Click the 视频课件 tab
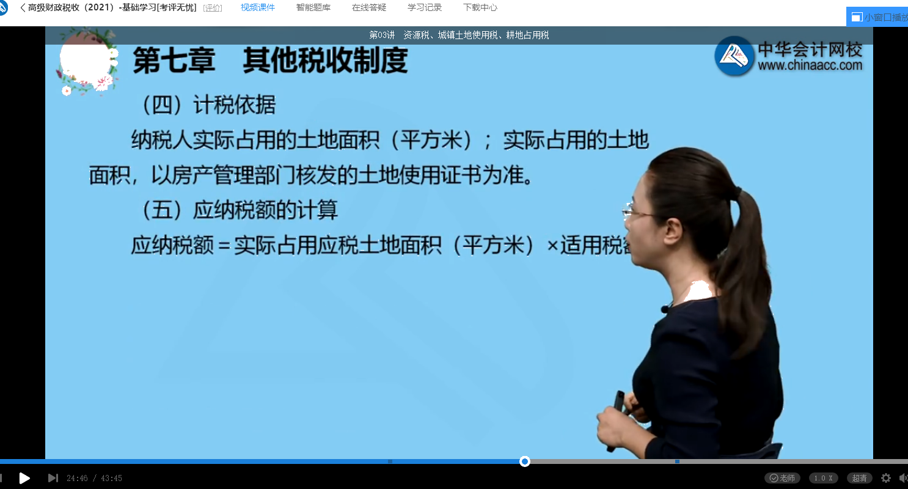coord(257,8)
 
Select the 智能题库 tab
coord(313,8)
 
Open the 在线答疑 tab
coord(369,8)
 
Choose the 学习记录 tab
coord(425,8)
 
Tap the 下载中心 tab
coord(480,8)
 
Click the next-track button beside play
coord(53,478)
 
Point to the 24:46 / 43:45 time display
coord(94,478)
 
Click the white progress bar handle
coord(524,461)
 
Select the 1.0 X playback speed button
coord(823,478)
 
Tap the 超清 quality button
coord(859,478)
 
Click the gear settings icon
coord(886,478)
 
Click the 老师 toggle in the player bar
coord(783,478)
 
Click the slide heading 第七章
coord(174,61)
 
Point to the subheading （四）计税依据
coord(208,105)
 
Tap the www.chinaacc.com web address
coord(810,65)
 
